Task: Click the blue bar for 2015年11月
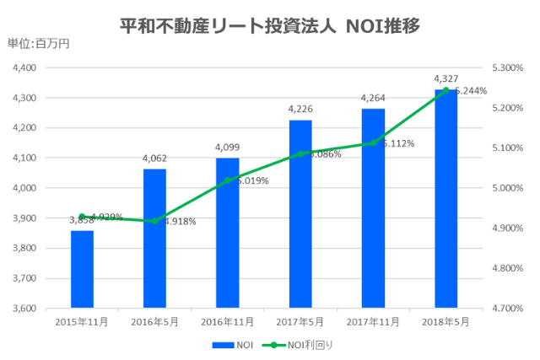point(82,269)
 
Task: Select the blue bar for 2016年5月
point(154,239)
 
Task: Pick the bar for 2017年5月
point(300,214)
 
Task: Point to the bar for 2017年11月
point(373,208)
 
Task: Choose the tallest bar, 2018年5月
point(445,199)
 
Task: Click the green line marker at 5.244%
point(445,90)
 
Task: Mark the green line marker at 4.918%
point(154,221)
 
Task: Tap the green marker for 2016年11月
point(228,180)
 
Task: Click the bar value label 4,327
point(445,80)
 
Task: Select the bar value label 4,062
point(154,158)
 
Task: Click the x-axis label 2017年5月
point(300,322)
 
